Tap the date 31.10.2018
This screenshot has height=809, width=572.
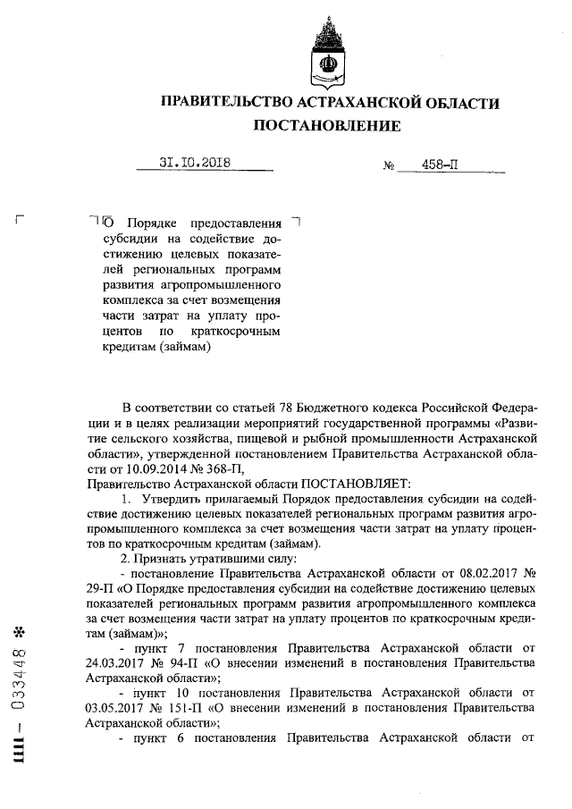195,163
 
